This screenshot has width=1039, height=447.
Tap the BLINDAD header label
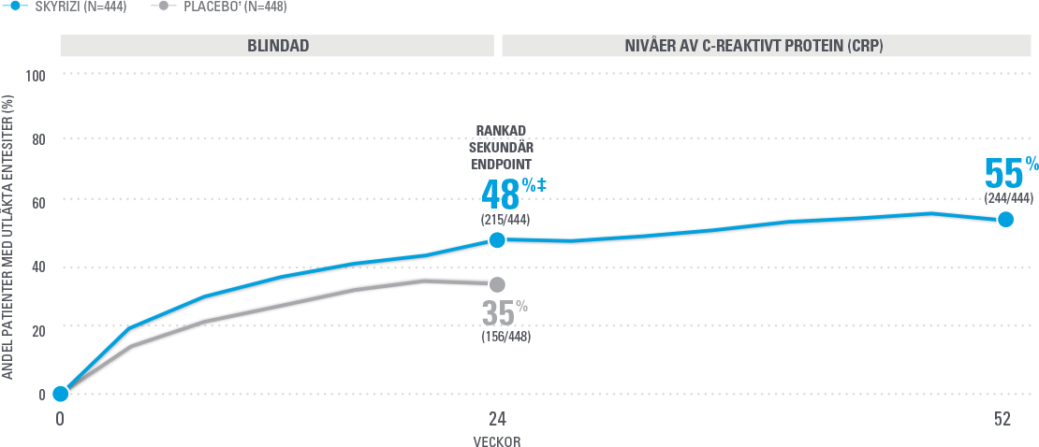point(278,45)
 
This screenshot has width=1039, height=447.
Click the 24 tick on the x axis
point(496,420)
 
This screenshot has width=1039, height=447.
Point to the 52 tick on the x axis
point(1003,420)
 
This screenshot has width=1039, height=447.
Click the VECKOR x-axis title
point(496,441)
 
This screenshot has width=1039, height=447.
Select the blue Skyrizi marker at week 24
point(497,240)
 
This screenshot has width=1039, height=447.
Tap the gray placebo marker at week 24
point(497,284)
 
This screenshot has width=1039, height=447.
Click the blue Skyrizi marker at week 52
point(1005,219)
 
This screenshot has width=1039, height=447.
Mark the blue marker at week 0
point(60,394)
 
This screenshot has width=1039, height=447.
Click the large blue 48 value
point(501,194)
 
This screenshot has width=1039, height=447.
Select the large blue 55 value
point(1003,174)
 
